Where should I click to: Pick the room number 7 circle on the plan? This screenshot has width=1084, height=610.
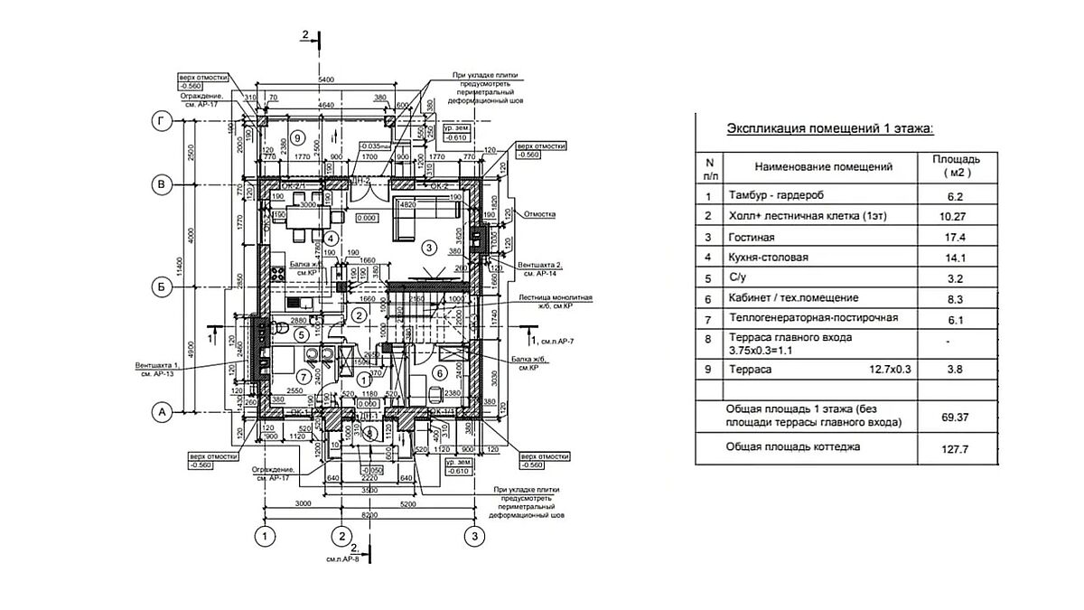tap(304, 375)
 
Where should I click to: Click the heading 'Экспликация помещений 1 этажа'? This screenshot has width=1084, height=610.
tap(831, 130)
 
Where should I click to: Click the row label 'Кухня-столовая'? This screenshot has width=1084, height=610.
tap(769, 258)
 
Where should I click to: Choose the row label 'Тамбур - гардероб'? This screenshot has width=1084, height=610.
tap(776, 195)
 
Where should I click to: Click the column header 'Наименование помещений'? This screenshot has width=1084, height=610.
tap(823, 166)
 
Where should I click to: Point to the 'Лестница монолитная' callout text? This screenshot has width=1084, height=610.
tap(556, 296)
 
